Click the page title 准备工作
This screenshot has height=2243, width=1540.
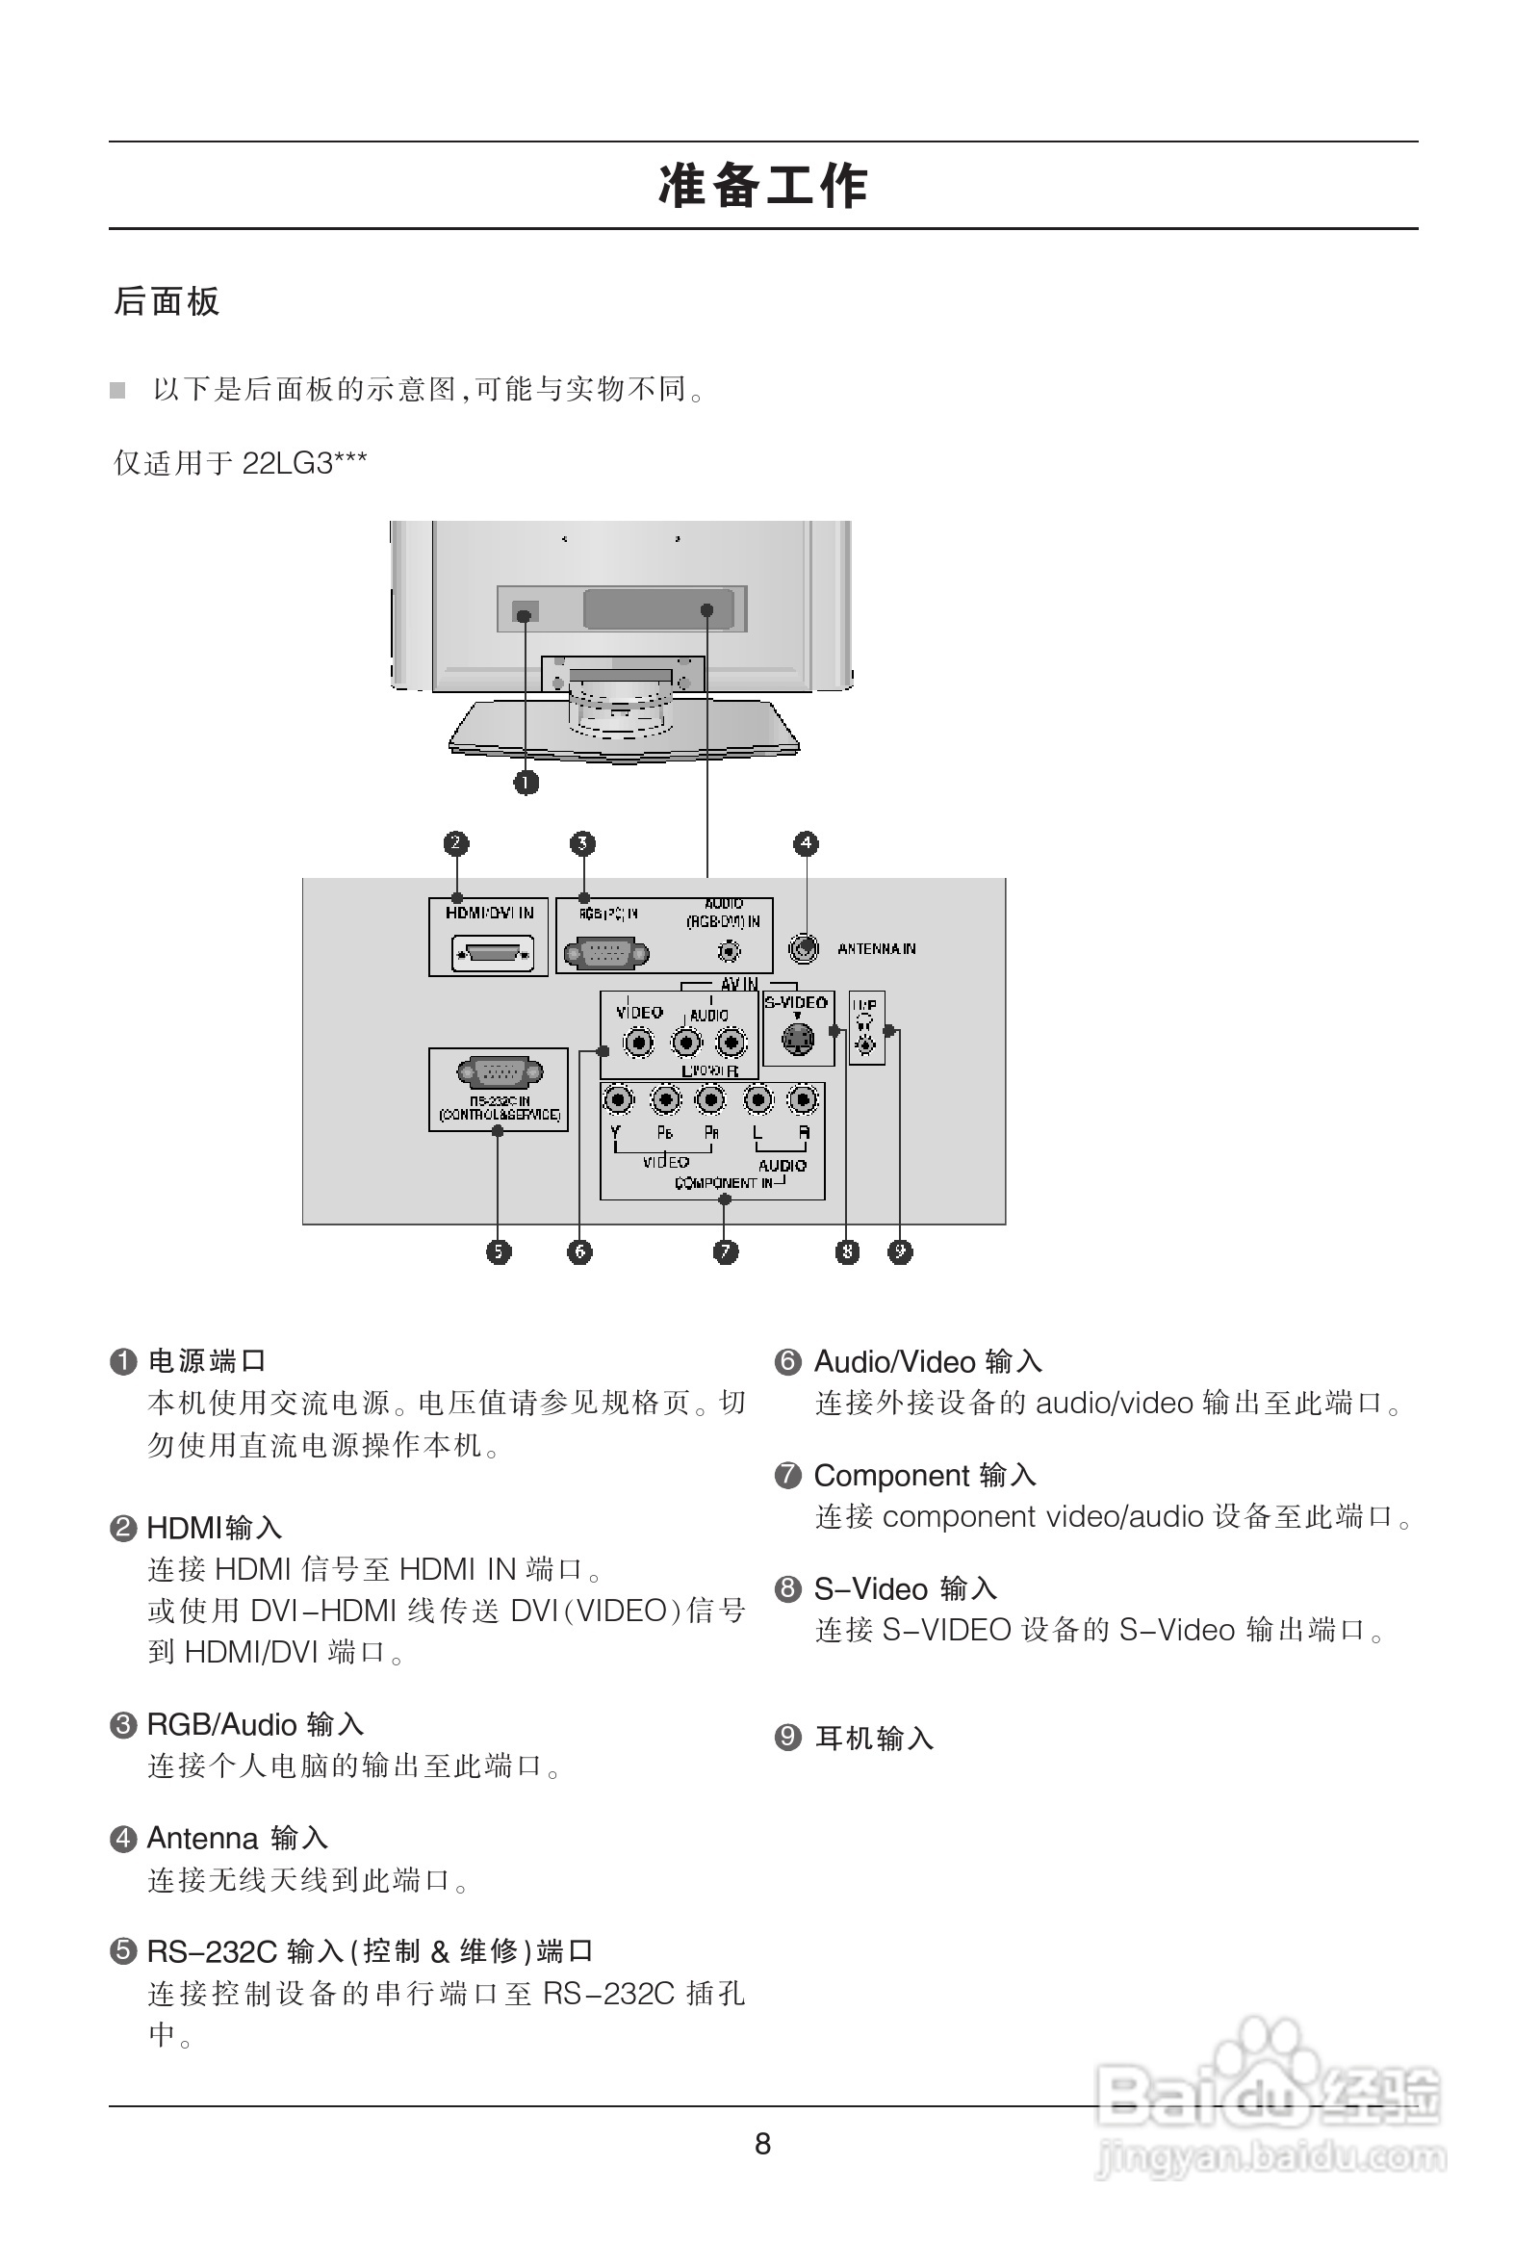pyautogui.click(x=762, y=186)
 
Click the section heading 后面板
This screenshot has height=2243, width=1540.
pyautogui.click(x=167, y=302)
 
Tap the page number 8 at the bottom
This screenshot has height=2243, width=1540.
pyautogui.click(x=762, y=2144)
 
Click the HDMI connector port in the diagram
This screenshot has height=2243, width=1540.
pyautogui.click(x=492, y=955)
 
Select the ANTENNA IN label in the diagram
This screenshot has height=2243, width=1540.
pyautogui.click(x=876, y=950)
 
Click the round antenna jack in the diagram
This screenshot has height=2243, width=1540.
pyautogui.click(x=803, y=949)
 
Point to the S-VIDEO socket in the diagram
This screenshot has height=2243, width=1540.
pyautogui.click(x=797, y=1040)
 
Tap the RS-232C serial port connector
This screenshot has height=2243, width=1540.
pyautogui.click(x=499, y=1072)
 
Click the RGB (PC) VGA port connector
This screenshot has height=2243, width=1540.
pyautogui.click(x=606, y=954)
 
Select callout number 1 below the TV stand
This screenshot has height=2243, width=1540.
pyautogui.click(x=526, y=782)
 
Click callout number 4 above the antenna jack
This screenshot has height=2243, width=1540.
pyautogui.click(x=806, y=843)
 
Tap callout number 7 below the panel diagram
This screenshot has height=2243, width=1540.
pyautogui.click(x=726, y=1251)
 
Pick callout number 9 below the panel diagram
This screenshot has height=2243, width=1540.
pyautogui.click(x=899, y=1251)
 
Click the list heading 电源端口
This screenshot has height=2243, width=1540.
pyautogui.click(x=207, y=1361)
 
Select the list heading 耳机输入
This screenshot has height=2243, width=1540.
pyautogui.click(x=874, y=1739)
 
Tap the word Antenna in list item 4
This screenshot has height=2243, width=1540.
pyautogui.click(x=203, y=1839)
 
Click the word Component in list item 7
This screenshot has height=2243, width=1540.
pyautogui.click(x=890, y=1476)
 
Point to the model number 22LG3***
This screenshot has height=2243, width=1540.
pyautogui.click(x=304, y=463)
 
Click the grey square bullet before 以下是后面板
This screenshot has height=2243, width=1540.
pyautogui.click(x=117, y=391)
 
